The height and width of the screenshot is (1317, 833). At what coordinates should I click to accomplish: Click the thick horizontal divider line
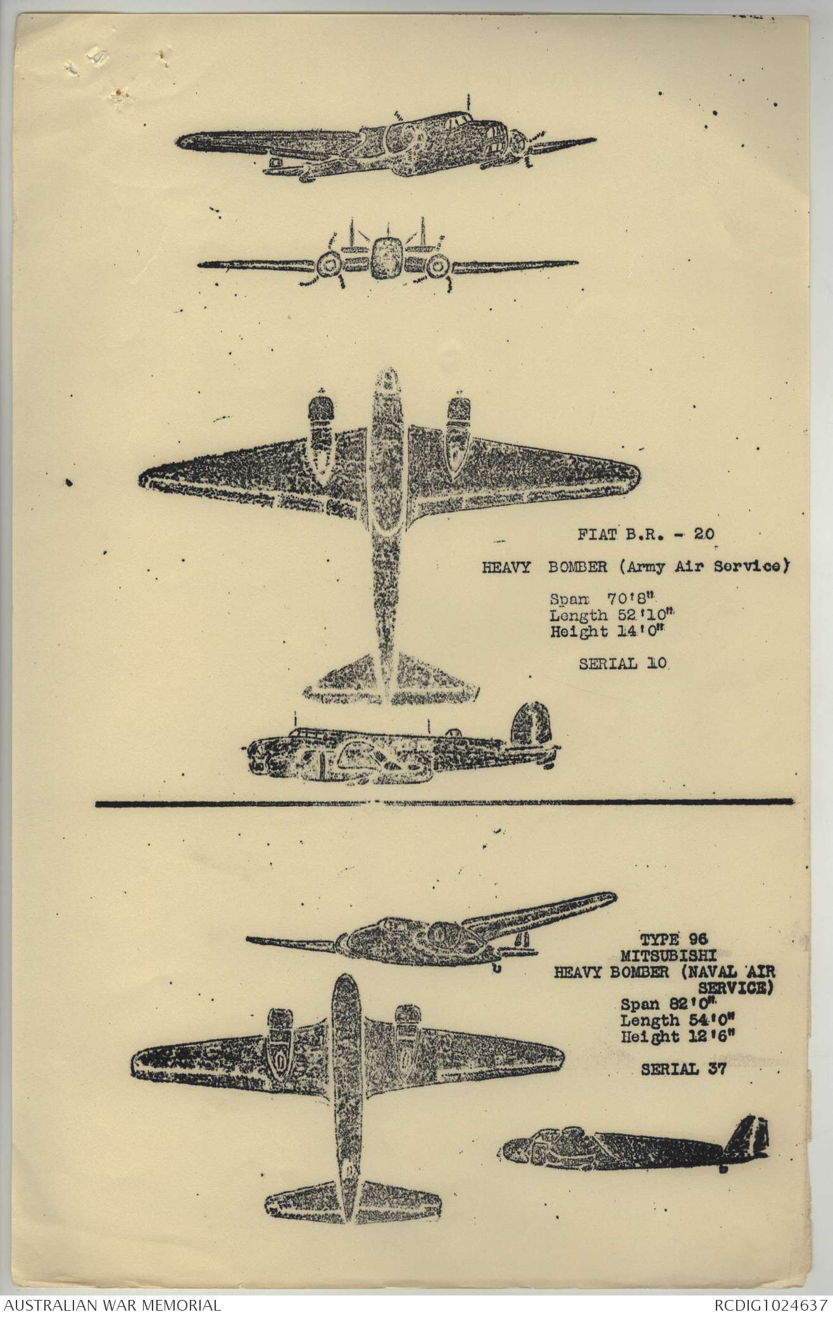click(x=444, y=802)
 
